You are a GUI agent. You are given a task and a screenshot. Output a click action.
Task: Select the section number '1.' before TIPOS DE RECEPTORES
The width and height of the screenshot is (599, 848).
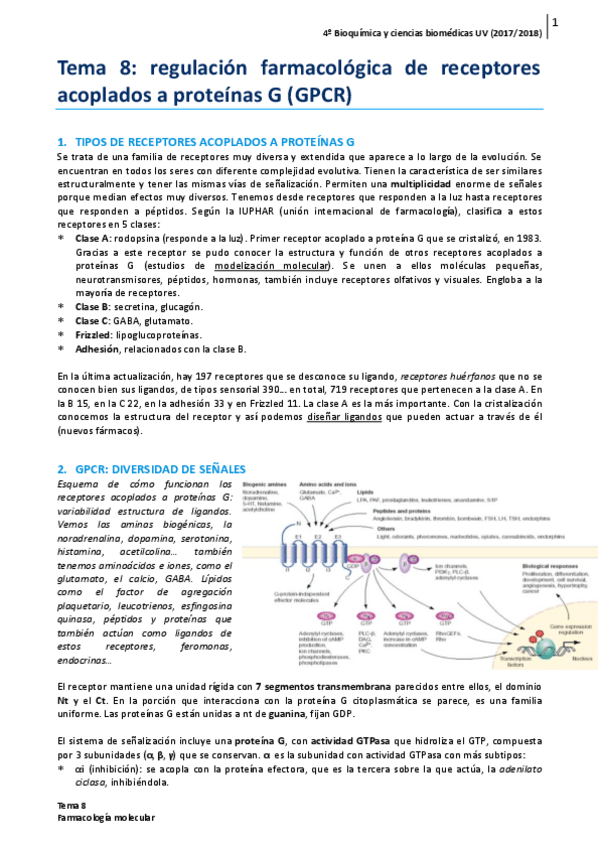tap(62, 142)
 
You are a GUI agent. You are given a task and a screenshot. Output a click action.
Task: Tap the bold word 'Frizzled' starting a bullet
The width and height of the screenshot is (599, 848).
tap(95, 335)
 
